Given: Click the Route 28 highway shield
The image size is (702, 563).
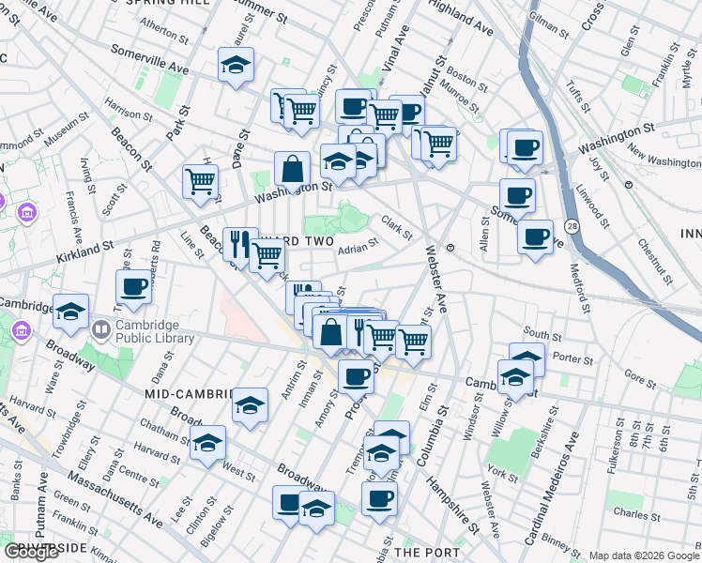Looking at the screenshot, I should pos(572,226).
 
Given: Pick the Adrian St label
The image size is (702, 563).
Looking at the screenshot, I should pos(358,248).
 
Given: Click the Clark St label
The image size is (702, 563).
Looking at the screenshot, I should pos(396,226).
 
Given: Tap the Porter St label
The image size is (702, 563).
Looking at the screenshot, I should pos(572,359).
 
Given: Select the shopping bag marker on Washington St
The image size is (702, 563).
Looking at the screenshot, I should pos(293,170).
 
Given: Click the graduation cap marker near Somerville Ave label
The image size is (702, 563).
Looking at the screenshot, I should pos(235,65).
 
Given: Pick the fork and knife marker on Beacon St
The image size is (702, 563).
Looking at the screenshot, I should pos(239,244).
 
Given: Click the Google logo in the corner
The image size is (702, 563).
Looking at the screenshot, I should pos(32,552).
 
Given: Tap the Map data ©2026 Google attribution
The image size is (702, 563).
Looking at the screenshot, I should pos(644,555).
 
